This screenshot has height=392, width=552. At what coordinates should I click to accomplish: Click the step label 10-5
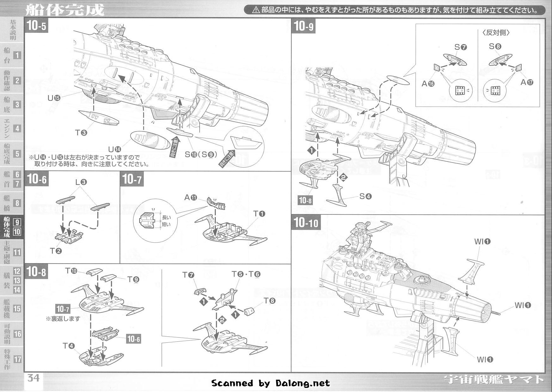click(x=37, y=26)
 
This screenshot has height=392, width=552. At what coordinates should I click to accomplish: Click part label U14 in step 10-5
click(x=114, y=149)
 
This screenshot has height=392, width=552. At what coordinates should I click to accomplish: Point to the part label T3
click(x=81, y=133)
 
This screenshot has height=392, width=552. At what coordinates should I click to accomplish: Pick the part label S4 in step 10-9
click(x=366, y=196)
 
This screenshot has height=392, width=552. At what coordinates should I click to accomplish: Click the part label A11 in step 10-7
click(x=191, y=198)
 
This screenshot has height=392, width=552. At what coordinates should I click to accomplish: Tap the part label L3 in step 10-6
click(x=81, y=182)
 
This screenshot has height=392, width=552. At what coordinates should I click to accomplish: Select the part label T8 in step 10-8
click(x=270, y=301)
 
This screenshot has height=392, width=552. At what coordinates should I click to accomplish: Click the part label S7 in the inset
click(x=460, y=47)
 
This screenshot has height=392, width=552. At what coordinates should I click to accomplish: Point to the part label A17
click(x=527, y=82)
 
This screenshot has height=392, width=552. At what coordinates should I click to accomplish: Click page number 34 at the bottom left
click(x=33, y=377)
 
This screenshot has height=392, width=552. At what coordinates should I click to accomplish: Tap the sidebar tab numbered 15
click(x=17, y=309)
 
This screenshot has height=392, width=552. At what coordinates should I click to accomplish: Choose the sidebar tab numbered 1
click(x=17, y=55)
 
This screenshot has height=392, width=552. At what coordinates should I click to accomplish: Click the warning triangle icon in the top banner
click(x=256, y=10)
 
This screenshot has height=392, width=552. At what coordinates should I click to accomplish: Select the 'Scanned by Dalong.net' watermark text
click(x=270, y=383)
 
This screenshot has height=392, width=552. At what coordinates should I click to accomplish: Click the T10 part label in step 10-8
click(x=71, y=271)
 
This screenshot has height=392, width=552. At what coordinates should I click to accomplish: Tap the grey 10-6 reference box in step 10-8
click(x=133, y=339)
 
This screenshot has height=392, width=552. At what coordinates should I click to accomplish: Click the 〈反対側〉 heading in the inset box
click(x=496, y=33)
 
